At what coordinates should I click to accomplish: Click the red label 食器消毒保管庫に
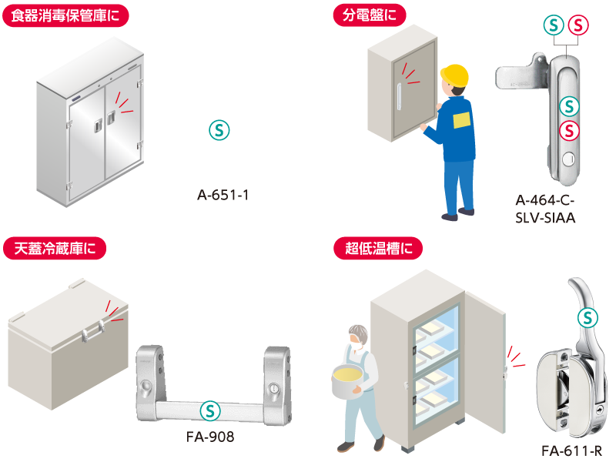point(65,15)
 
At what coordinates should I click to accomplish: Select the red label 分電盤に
point(370,15)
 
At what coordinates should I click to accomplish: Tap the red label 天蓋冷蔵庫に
point(55,248)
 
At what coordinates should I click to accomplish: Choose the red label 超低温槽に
point(378,248)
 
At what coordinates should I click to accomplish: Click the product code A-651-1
point(223,195)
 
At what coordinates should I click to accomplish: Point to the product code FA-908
point(210,437)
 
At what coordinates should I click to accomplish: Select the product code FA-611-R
point(571,451)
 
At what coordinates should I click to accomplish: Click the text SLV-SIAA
point(545,218)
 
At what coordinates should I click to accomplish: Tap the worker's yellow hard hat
point(454,75)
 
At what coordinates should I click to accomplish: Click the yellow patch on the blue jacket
point(461,120)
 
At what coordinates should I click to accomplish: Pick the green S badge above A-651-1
point(219,130)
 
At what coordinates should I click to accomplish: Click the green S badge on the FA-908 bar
point(210,411)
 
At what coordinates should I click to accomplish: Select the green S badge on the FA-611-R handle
point(588,318)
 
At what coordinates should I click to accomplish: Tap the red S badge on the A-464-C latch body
point(569,130)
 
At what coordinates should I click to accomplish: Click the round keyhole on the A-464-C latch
point(568,159)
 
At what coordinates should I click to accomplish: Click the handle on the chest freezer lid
point(93,332)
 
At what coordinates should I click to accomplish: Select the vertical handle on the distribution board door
point(399,97)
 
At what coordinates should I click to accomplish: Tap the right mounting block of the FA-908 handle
point(277,385)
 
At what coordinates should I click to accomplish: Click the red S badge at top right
point(578,25)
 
